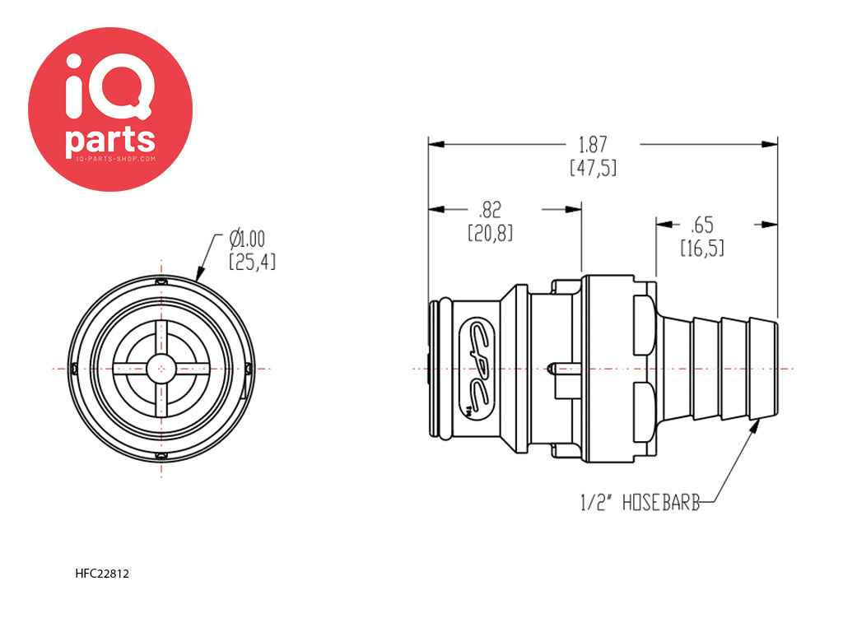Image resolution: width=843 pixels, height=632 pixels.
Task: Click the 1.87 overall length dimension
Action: click(593, 145)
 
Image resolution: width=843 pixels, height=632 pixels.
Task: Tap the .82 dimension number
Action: click(489, 210)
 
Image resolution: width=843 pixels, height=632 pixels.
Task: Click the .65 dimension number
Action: click(702, 225)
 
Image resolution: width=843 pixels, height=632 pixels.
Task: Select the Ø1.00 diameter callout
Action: click(247, 239)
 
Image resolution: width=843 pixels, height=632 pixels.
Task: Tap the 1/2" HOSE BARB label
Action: click(640, 503)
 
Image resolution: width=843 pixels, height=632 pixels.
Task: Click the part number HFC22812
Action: click(102, 574)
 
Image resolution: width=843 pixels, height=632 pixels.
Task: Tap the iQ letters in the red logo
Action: click(109, 86)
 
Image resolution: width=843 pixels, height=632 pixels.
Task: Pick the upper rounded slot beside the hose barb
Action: click(644, 324)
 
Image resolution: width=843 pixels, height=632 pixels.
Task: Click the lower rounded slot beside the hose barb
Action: click(644, 412)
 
